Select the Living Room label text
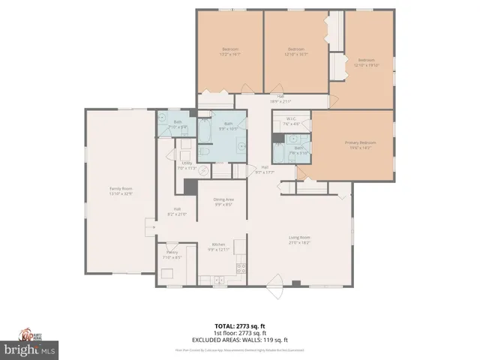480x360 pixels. pyautogui.click(x=300, y=238)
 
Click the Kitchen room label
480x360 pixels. pyautogui.click(x=218, y=244)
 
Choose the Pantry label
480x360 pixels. pyautogui.click(x=172, y=253)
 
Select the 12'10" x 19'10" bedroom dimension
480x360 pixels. pyautogui.click(x=366, y=64)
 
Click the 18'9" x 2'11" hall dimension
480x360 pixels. pyautogui.click(x=280, y=101)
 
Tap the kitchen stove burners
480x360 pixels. pyautogui.click(x=241, y=268)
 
